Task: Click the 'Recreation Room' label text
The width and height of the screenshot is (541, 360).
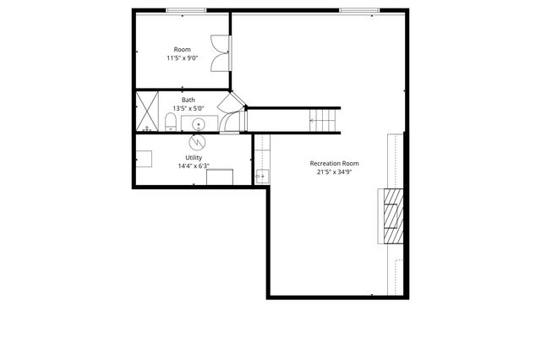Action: pos(334,163)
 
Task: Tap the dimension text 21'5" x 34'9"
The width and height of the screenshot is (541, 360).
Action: pos(334,172)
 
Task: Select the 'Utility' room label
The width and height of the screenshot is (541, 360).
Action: pos(194,158)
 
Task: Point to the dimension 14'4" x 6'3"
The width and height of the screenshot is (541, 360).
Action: pos(194,166)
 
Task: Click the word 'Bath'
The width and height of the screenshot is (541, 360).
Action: pos(188,101)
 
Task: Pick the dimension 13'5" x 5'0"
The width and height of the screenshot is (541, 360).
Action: pos(188,108)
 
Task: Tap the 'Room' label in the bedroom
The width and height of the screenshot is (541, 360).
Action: pos(182,50)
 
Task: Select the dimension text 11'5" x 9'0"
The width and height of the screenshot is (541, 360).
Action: pos(182,58)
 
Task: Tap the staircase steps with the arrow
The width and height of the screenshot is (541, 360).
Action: pos(322,120)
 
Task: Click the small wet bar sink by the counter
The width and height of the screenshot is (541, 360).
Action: pos(261,177)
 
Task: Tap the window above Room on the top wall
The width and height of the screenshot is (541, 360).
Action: pos(185,10)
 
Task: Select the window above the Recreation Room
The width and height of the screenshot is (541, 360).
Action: pos(359,10)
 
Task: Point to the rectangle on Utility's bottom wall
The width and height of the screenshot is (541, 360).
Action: pos(220,177)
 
